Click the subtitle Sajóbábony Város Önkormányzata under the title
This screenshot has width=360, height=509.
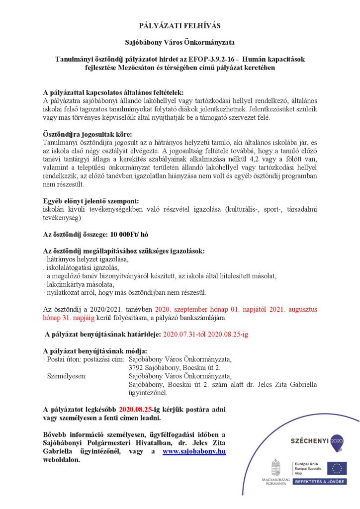(180, 43)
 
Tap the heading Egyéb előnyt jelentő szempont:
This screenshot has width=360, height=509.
(90, 201)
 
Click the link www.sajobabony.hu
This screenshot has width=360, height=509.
(194, 451)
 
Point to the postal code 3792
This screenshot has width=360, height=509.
(137, 368)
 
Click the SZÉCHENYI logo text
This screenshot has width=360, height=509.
(309, 441)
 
